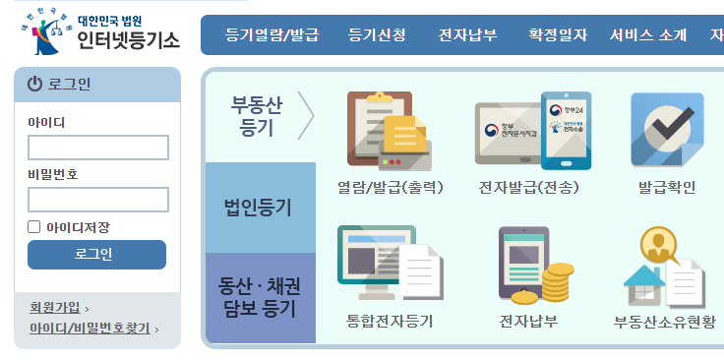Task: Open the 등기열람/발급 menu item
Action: (x=271, y=35)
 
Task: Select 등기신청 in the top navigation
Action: (x=376, y=35)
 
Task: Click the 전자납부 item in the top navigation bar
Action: (x=467, y=35)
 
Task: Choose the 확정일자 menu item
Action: (x=557, y=35)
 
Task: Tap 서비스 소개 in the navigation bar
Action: (x=647, y=35)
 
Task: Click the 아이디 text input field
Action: (x=97, y=148)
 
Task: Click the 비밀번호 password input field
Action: (x=97, y=200)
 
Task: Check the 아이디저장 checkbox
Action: (x=34, y=227)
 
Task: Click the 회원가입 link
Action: (x=55, y=308)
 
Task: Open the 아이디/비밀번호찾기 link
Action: (x=90, y=329)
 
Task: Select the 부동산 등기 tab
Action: (x=257, y=116)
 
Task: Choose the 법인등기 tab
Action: (x=259, y=207)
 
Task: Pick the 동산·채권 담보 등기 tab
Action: (x=259, y=297)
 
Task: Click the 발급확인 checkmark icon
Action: (x=667, y=130)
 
